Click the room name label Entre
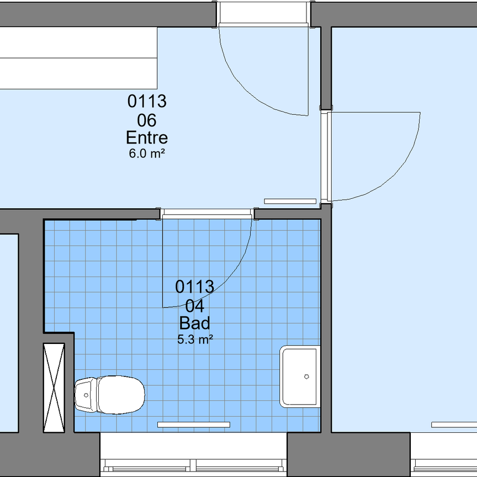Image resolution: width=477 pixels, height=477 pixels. point(147,138)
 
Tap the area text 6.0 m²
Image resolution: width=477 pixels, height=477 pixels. point(147,153)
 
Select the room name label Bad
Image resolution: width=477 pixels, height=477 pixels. point(195,323)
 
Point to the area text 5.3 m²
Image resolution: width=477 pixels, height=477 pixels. point(195,340)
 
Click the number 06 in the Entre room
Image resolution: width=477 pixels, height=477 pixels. point(147,120)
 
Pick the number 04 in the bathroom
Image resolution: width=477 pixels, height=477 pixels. point(195,306)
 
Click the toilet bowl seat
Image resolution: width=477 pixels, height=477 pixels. point(121,395)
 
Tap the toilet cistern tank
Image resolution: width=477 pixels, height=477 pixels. point(86,395)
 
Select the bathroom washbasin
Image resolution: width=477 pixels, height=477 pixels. point(300,377)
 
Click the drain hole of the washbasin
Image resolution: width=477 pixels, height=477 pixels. point(306,377)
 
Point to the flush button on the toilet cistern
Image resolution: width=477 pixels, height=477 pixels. point(86,395)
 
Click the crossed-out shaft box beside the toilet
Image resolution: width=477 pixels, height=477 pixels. point(54,388)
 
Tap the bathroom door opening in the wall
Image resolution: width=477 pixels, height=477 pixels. point(207,214)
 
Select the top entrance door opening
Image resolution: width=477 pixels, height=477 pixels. point(264,14)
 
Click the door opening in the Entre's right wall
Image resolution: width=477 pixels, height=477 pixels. point(326,156)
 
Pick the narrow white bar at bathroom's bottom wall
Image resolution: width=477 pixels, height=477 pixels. point(194,425)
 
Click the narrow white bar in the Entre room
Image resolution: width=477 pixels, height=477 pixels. point(290,201)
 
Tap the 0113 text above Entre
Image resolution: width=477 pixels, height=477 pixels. point(147,101)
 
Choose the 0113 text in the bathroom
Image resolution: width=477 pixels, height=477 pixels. point(195,287)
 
